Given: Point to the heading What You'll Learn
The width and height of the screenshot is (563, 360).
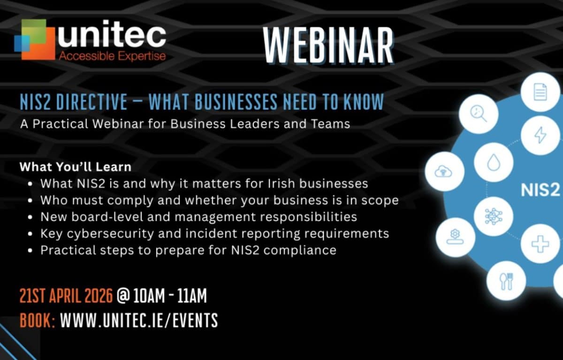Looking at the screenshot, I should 76,167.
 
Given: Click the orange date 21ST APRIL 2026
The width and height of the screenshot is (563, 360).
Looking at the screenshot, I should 66,296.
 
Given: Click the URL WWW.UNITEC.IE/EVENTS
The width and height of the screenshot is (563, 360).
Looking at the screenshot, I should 139,321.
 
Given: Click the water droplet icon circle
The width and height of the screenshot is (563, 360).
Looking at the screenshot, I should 493,162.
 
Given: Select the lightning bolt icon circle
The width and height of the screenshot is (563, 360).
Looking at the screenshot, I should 540,135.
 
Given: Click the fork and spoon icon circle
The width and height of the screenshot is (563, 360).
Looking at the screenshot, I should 506,281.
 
